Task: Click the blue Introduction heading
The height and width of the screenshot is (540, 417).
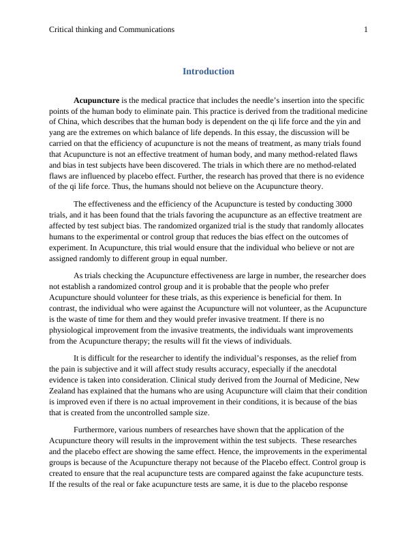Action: click(x=208, y=71)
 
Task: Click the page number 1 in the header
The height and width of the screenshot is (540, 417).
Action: click(x=366, y=29)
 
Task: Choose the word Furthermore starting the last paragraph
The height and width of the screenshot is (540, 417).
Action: click(x=96, y=430)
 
